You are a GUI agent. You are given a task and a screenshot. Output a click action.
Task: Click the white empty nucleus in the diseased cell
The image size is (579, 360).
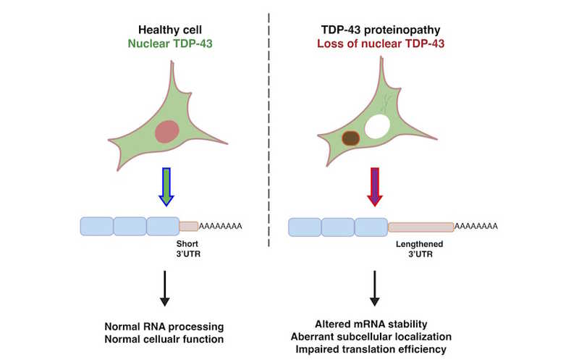click(x=377, y=127)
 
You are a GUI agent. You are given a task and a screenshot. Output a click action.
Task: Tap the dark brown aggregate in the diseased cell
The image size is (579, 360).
click(x=351, y=138)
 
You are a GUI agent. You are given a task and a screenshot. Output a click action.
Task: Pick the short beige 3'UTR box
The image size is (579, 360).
click(x=188, y=226)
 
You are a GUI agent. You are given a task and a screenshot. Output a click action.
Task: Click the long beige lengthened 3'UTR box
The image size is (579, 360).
click(x=421, y=227)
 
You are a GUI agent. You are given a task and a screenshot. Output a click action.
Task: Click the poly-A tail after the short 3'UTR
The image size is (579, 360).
click(x=220, y=226)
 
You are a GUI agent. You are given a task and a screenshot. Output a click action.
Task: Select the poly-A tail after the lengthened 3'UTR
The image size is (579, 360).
click(x=476, y=227)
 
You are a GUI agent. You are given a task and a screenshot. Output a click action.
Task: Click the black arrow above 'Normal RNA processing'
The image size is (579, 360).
click(x=165, y=288)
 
